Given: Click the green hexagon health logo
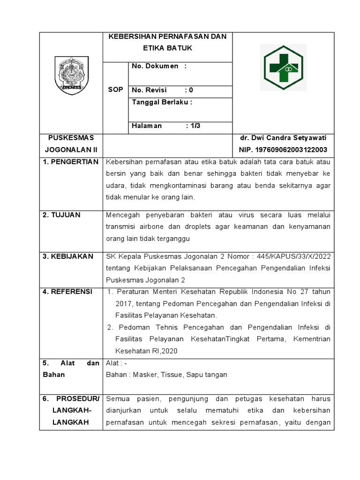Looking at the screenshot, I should (283, 67).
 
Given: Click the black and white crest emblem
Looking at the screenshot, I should (71, 75).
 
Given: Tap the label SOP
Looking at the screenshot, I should (115, 90).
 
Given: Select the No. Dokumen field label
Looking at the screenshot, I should (155, 66).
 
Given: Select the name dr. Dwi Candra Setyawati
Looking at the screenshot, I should (283, 138).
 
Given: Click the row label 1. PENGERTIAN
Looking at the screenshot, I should (71, 162).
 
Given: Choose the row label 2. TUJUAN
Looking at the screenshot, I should (62, 215).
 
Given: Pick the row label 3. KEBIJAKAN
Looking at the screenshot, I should (68, 256).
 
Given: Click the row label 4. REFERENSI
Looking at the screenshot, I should (67, 292).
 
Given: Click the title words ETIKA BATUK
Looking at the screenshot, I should (167, 48).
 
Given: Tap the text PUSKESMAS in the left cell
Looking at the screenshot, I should (71, 138).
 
